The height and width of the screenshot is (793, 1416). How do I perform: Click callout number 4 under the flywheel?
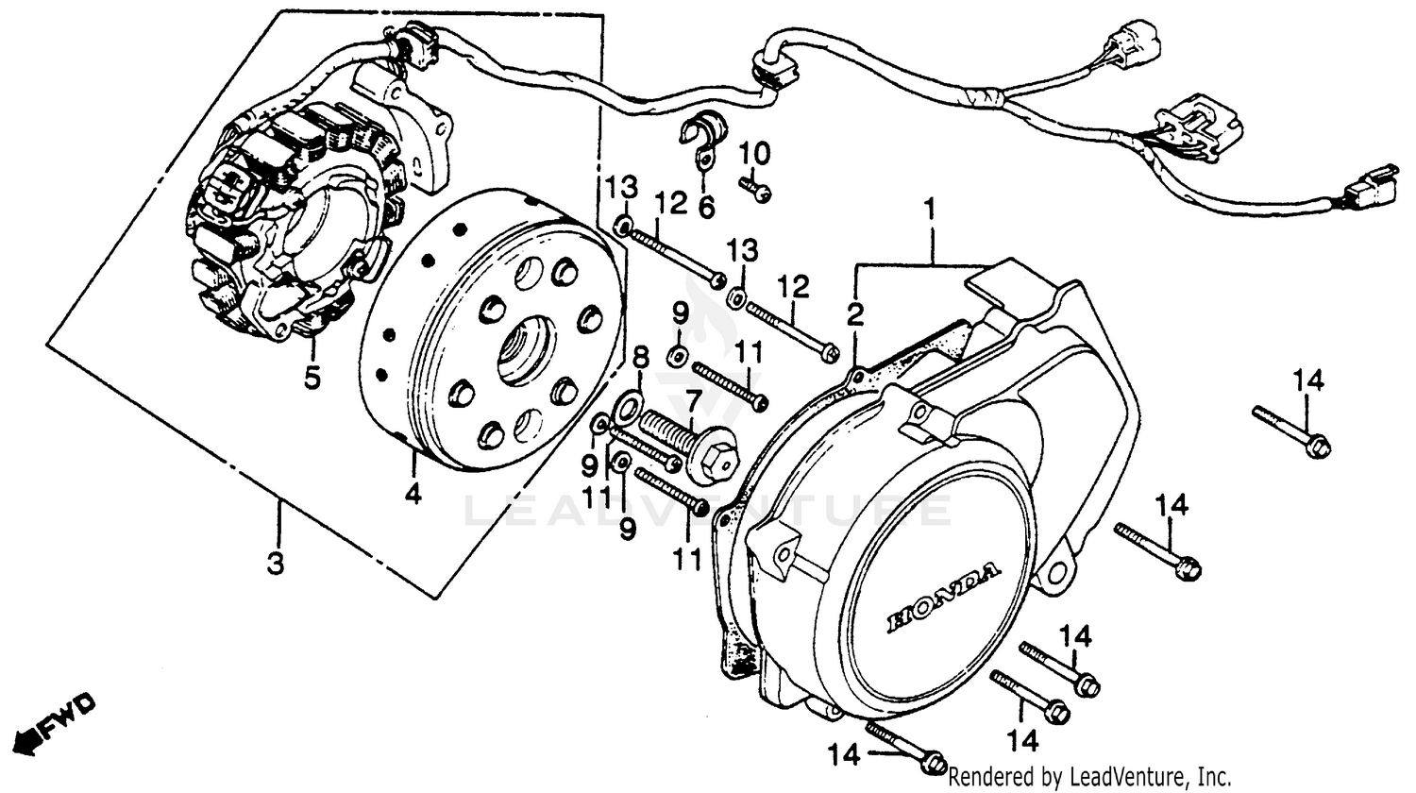413,493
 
